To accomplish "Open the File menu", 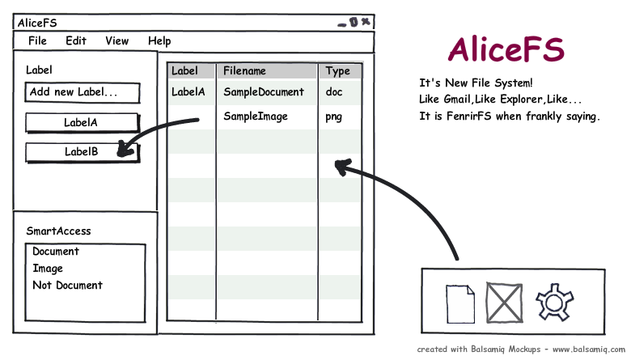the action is pyautogui.click(x=37, y=40).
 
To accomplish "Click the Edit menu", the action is pyautogui.click(x=76, y=40).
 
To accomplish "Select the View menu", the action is pyautogui.click(x=117, y=40).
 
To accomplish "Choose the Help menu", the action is pyautogui.click(x=159, y=41).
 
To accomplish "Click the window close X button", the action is pyautogui.click(x=366, y=22).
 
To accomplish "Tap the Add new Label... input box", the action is pyautogui.click(x=83, y=92).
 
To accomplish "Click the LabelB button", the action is pyautogui.click(x=83, y=152).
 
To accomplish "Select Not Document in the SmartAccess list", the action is pyautogui.click(x=68, y=286).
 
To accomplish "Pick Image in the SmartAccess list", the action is pyautogui.click(x=48, y=269).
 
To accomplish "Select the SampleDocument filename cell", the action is pyautogui.click(x=264, y=92).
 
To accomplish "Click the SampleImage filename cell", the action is pyautogui.click(x=256, y=116).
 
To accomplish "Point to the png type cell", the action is pyautogui.click(x=333, y=116).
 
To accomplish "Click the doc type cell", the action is pyautogui.click(x=334, y=92).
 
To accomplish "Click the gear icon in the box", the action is pyautogui.click(x=554, y=303).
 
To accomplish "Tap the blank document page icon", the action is pyautogui.click(x=460, y=303).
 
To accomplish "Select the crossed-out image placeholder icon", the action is pyautogui.click(x=504, y=303).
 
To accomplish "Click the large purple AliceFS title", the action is pyautogui.click(x=506, y=49).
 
